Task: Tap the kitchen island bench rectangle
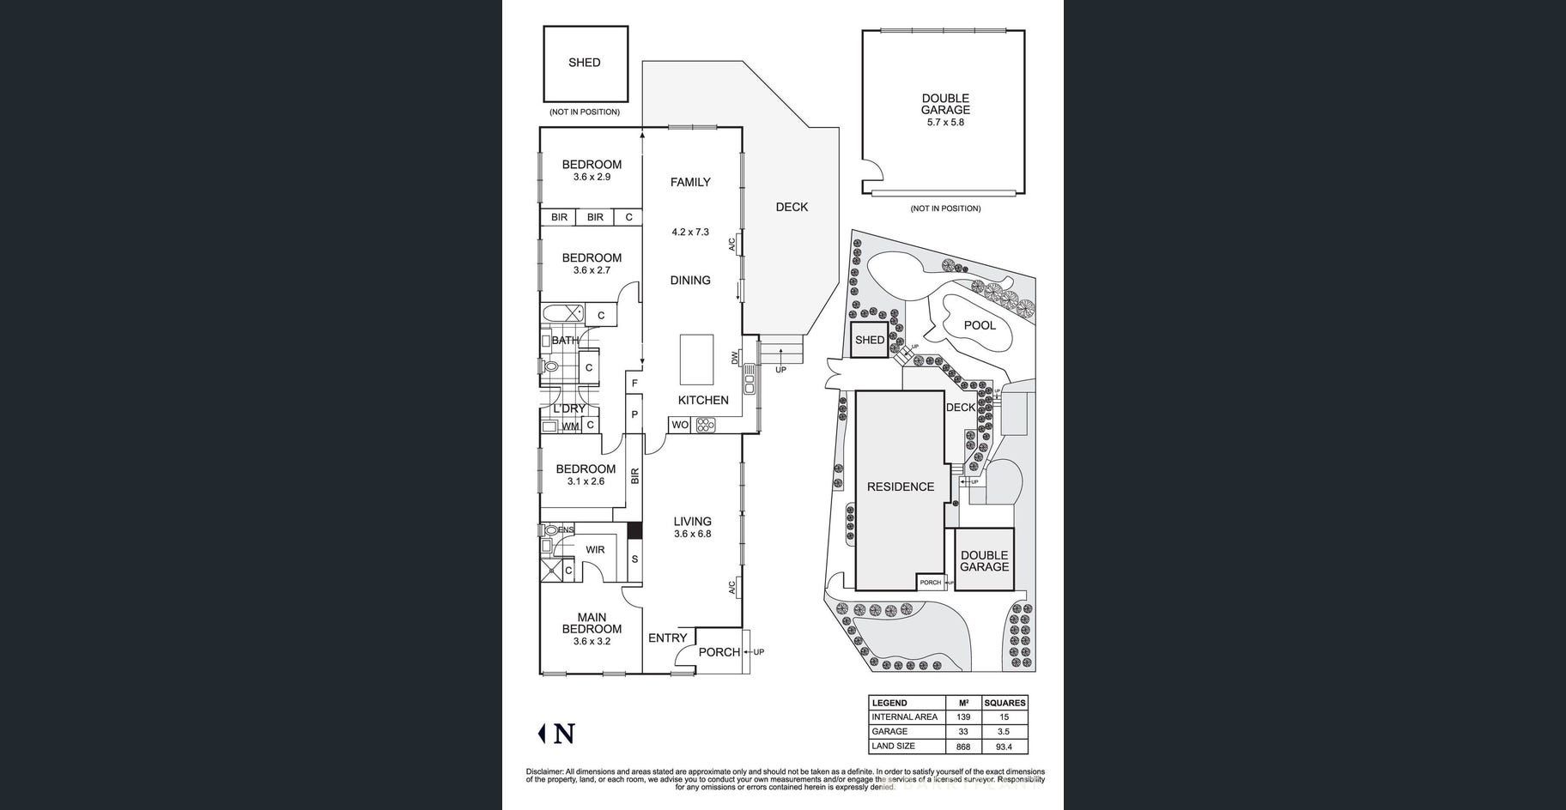click(x=696, y=360)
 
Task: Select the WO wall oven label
click(x=680, y=425)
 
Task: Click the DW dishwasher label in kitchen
click(x=735, y=358)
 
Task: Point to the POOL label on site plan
click(x=980, y=325)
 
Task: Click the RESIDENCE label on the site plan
click(x=900, y=487)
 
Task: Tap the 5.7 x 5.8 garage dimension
click(x=945, y=123)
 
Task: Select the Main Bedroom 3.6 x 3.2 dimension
click(x=592, y=641)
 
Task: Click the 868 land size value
click(x=963, y=747)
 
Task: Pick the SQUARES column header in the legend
click(x=1005, y=703)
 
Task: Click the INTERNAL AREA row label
click(x=904, y=717)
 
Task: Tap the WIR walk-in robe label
click(x=595, y=550)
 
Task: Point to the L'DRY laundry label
click(x=568, y=408)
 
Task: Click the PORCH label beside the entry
click(x=719, y=652)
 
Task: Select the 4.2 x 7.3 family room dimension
click(x=690, y=232)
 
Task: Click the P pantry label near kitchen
click(x=634, y=414)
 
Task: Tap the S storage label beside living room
click(x=634, y=559)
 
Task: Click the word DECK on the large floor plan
click(x=792, y=207)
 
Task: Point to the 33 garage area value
click(x=963, y=732)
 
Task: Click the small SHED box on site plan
click(x=869, y=340)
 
